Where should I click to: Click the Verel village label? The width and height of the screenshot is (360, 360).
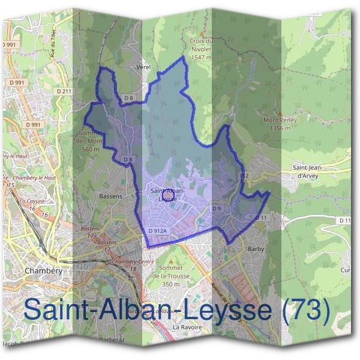143,68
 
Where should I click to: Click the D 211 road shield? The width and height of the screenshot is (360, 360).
65,91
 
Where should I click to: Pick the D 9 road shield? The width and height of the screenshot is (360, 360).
217,208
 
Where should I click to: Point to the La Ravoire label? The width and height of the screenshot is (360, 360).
185,328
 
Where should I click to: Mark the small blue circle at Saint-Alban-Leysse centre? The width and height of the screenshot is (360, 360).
169,194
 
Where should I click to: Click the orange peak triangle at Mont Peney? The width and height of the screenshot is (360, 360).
280,113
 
